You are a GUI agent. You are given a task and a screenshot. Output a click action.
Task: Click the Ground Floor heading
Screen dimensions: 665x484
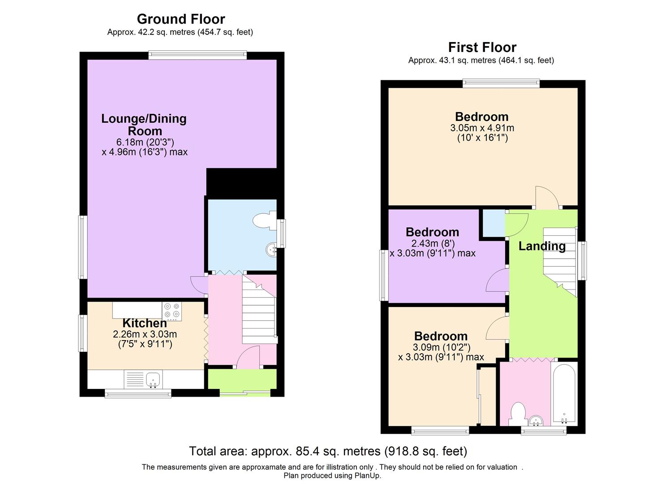point(181,19)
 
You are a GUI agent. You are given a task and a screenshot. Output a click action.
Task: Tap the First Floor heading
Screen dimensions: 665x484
point(482,48)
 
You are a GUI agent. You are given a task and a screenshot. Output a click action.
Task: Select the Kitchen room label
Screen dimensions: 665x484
point(145,323)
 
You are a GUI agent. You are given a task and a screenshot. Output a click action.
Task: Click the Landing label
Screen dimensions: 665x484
point(542,246)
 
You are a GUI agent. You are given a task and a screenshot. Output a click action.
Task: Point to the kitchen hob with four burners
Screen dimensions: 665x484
point(172,311)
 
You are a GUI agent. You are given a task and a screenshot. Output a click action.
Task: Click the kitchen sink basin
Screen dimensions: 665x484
point(153,380)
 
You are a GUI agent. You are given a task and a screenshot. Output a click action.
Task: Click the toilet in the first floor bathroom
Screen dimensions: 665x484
point(518,414)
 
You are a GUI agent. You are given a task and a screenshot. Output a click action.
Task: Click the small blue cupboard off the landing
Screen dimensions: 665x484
point(493,223)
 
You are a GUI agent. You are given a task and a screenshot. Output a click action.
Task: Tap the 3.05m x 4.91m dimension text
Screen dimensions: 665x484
point(482,128)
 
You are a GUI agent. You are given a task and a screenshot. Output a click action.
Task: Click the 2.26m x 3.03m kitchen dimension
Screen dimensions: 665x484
point(145,334)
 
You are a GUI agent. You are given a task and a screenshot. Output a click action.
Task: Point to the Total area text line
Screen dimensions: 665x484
point(328,451)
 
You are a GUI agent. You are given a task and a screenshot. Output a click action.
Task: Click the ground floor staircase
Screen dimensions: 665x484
point(259,309)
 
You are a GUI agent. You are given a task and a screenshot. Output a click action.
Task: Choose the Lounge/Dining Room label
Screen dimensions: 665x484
point(144,125)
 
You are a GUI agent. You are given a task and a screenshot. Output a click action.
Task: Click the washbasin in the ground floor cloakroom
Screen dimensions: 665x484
point(271,250)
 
